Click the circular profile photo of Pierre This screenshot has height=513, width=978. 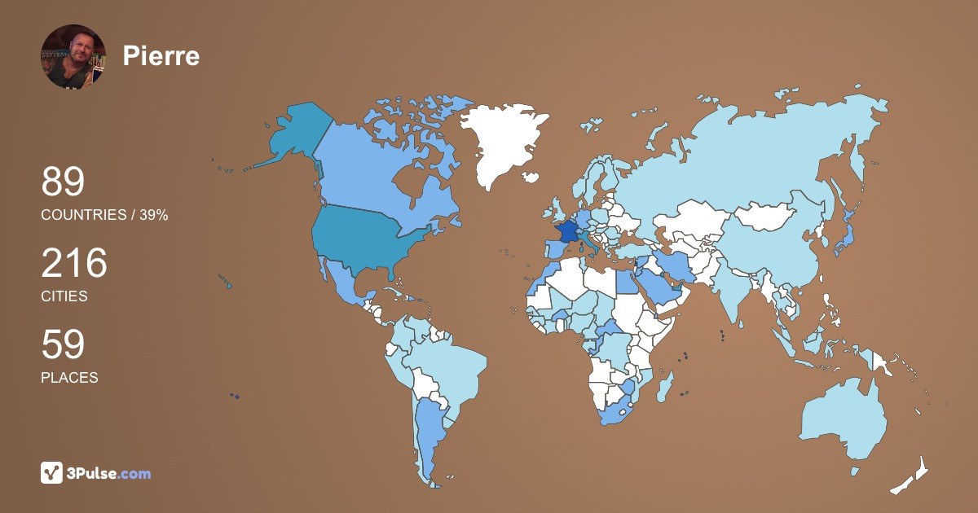[73, 56]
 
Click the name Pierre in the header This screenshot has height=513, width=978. [161, 56]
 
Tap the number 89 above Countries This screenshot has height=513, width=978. [63, 182]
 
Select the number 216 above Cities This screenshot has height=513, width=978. [74, 263]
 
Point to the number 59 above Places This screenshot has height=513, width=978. [63, 344]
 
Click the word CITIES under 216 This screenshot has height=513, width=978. [64, 296]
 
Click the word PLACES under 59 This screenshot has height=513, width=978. [69, 378]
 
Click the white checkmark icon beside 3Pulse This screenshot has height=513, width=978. [52, 473]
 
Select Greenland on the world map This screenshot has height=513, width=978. [501, 142]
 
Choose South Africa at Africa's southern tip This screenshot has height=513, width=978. [619, 411]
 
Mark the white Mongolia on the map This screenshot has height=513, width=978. [766, 216]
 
